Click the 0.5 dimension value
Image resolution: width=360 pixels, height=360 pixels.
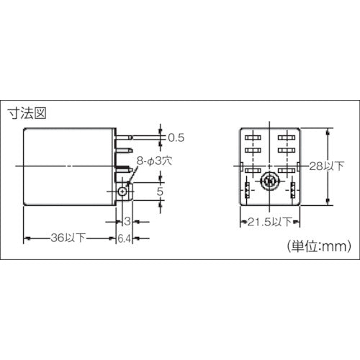pyautogui.click(x=175, y=137)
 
